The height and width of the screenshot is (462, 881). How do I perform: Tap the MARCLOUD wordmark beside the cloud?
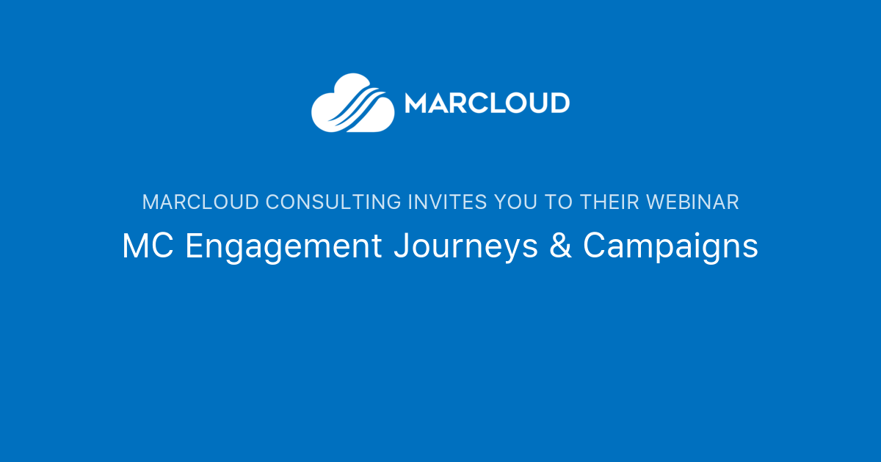coord(487,103)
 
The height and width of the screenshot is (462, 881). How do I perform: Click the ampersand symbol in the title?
coord(560,246)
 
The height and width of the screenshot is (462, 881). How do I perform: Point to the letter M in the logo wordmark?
coord(416,103)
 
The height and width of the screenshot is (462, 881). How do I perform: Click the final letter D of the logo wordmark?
coord(559,103)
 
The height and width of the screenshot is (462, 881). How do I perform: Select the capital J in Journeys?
coord(401,246)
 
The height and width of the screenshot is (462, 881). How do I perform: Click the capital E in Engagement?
coord(193,246)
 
